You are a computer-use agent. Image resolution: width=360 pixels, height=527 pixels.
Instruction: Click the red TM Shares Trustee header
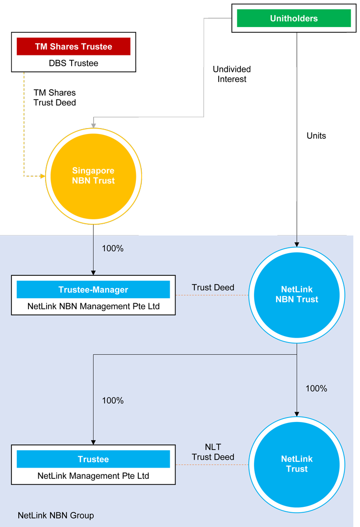coord(73,47)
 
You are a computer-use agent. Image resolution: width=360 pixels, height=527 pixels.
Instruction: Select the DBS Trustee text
coord(73,63)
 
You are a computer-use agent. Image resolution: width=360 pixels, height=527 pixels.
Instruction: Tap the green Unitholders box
coord(293,19)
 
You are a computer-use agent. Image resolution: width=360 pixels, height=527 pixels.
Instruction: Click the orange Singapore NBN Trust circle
coord(93,176)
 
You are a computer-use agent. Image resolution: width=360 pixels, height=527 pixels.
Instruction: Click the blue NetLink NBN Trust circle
coord(296,294)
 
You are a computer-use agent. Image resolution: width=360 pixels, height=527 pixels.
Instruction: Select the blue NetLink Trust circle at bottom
coord(296,464)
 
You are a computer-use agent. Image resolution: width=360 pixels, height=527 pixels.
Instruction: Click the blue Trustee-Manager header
coord(93,290)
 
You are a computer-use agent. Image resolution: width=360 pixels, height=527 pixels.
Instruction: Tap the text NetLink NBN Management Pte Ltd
coord(93,306)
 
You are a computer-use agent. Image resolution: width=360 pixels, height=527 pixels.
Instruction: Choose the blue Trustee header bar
coord(93,459)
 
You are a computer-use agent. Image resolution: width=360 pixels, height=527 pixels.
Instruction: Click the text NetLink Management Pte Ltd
coord(93,475)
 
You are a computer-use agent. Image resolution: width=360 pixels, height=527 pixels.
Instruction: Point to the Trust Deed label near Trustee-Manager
coord(213,287)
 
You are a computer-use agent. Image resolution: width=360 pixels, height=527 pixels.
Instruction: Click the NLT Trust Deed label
coord(213,452)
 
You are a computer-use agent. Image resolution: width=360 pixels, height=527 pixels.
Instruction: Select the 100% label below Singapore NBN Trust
coord(112,248)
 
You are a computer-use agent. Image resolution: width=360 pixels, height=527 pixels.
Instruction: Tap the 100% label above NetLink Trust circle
coord(316,389)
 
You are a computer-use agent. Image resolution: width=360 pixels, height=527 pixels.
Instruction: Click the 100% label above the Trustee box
coord(112,400)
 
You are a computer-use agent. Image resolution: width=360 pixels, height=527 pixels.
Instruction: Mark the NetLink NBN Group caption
coord(55,515)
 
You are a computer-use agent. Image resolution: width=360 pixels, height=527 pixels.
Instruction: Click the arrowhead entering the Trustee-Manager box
coord(93,272)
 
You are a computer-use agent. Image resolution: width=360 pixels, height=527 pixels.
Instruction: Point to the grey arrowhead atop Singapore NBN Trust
coord(93,126)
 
